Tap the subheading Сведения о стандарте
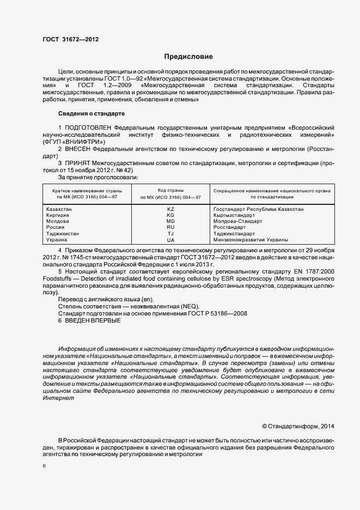(x=91, y=113)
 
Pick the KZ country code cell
(x=170, y=209)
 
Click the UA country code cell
(x=170, y=240)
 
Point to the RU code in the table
(x=170, y=227)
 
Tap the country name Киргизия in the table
(x=58, y=215)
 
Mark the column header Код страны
(x=170, y=189)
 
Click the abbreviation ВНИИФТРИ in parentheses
(x=81, y=141)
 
